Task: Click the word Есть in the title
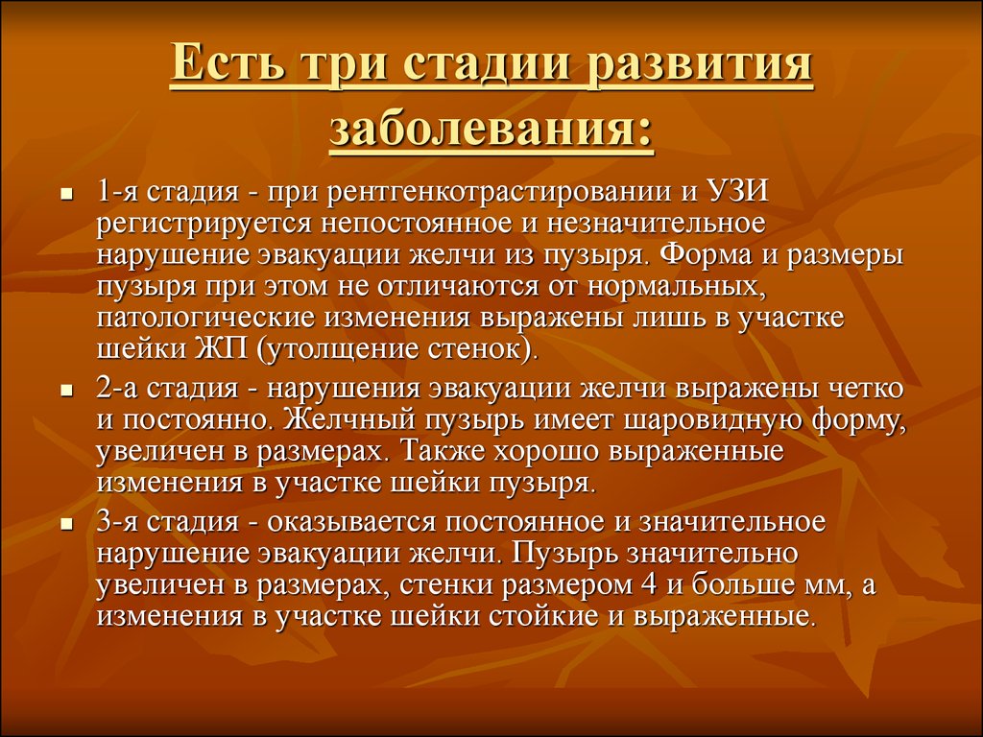click(x=228, y=64)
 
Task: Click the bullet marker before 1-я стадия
click(x=66, y=195)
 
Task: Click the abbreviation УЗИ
click(x=737, y=191)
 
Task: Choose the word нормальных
click(x=678, y=286)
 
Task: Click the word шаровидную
click(x=712, y=420)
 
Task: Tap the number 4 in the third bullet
click(x=649, y=584)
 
